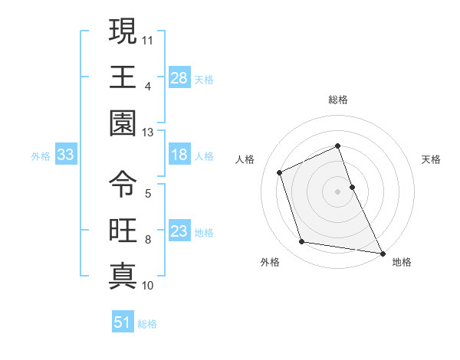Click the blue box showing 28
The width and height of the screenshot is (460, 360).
179,77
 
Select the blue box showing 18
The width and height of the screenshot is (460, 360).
179,155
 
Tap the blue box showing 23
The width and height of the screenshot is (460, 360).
179,231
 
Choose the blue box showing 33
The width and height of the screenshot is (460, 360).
66,155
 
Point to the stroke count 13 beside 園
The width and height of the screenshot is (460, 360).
148,132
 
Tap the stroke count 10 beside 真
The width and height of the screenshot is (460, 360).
148,286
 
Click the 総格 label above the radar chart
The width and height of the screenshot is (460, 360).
338,100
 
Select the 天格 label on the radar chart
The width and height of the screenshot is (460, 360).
432,159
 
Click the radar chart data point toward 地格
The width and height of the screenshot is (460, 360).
382,252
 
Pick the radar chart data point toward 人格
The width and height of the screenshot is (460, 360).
280,172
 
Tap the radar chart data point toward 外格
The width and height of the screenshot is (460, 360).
302,242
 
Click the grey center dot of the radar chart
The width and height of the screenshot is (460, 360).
338,191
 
